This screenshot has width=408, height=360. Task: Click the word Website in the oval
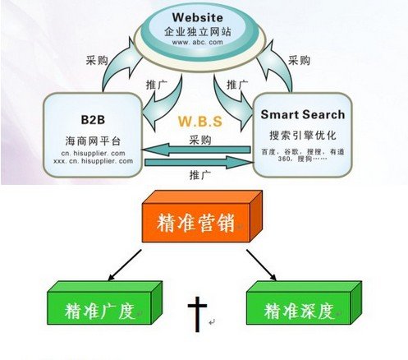(x=198, y=17)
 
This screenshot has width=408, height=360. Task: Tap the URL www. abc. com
(x=198, y=42)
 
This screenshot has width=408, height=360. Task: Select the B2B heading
(x=93, y=120)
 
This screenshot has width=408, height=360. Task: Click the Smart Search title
(x=303, y=114)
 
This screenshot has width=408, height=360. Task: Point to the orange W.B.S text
(x=200, y=122)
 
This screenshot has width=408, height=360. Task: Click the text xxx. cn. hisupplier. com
(x=94, y=161)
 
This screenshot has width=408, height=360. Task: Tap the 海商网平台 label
(x=93, y=141)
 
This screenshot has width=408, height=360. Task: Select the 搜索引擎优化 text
(x=303, y=135)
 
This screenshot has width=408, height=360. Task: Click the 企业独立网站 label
(x=198, y=32)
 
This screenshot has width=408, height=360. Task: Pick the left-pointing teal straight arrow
(x=196, y=150)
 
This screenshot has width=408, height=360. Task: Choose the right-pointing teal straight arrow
(x=199, y=163)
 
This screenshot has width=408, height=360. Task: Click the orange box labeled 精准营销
(x=202, y=217)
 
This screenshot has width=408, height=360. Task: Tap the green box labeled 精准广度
(x=105, y=303)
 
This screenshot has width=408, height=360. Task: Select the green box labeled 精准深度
(x=304, y=303)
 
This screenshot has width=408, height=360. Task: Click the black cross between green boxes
(x=197, y=314)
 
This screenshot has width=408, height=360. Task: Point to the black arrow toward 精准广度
(x=125, y=265)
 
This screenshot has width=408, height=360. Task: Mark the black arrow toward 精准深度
(x=261, y=265)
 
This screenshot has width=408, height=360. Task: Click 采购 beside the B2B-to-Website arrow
(x=97, y=60)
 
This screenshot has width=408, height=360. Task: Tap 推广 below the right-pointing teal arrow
(x=200, y=174)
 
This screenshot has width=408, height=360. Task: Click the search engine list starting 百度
(x=303, y=155)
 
